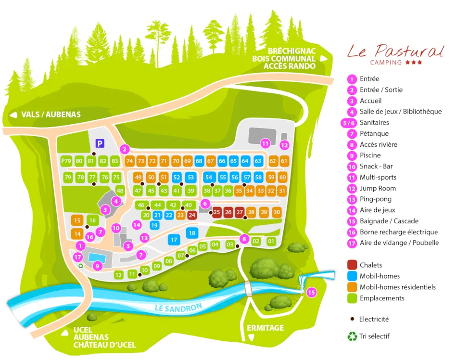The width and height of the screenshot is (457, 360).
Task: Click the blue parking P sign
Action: coord(100,143)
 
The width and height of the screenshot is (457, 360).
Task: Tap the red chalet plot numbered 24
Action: coord(192,215)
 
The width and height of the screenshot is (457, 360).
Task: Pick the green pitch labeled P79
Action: coord(66,161)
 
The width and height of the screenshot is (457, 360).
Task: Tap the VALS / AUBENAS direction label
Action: coord(51,115)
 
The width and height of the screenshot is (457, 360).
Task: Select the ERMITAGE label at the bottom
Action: coord(265,328)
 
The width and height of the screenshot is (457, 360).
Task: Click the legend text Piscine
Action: coord(370,155)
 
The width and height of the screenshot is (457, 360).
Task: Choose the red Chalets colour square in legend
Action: coord(352,265)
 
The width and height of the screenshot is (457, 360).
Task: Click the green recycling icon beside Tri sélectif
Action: coord(352,336)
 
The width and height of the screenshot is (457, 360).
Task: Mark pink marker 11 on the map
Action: coord(265,143)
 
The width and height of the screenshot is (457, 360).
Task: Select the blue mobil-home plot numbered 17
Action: coord(174,239)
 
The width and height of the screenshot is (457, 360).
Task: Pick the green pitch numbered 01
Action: coord(271,241)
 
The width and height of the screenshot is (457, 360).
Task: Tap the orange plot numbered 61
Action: coord(284,161)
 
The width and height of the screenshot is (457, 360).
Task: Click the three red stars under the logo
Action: coord(414,63)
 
